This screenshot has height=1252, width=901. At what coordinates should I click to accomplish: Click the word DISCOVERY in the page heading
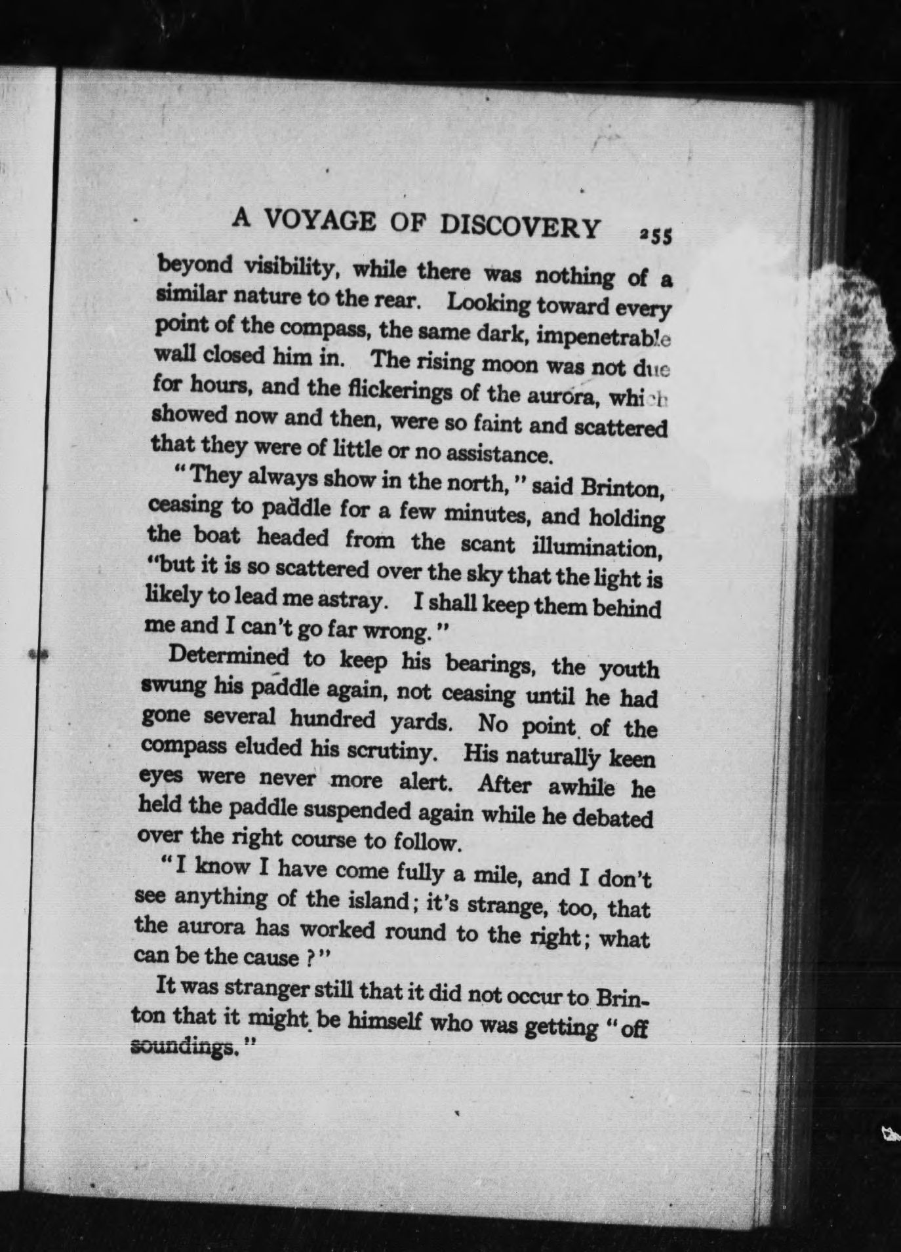[x=520, y=227]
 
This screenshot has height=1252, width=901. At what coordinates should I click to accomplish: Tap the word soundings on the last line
[x=182, y=1046]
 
